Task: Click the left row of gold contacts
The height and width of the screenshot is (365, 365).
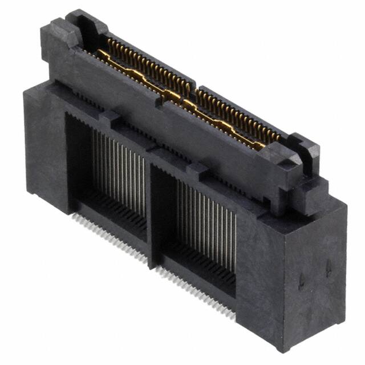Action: pos(143,68)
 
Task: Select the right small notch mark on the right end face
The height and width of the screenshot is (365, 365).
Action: pos(328,268)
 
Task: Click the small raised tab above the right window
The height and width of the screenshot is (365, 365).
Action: pos(197,168)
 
